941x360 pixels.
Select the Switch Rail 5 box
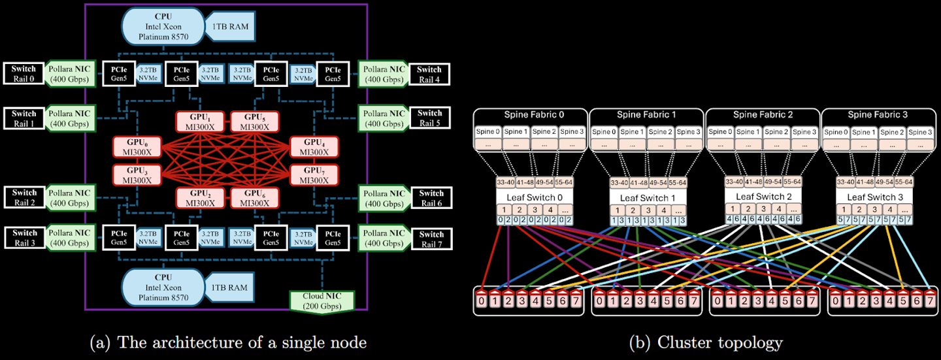429,118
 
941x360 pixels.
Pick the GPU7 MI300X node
314,174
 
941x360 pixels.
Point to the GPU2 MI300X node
200,198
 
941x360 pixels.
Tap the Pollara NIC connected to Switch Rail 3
69,238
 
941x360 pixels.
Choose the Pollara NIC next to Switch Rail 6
384,198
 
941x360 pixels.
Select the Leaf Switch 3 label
875,197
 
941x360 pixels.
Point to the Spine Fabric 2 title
763,115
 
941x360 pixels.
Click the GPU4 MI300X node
314,148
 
